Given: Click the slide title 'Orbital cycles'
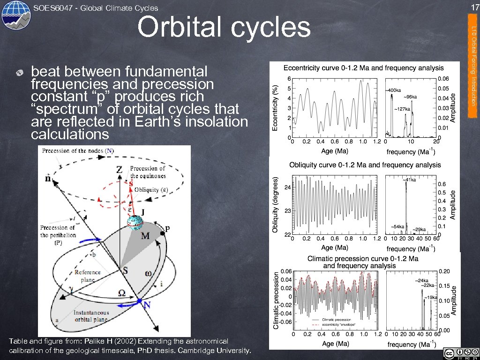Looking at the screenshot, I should tap(224, 27).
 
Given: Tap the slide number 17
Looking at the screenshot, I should tap(474, 7).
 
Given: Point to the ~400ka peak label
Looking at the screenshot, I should tap(392, 90).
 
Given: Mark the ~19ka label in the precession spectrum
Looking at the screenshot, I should tap(430, 297).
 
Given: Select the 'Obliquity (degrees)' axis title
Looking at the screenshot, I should tap(275, 204).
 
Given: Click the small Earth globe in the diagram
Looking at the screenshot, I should tap(135, 223).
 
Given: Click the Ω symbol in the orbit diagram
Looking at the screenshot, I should tap(121, 293).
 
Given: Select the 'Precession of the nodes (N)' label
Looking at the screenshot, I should tap(77, 151).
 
